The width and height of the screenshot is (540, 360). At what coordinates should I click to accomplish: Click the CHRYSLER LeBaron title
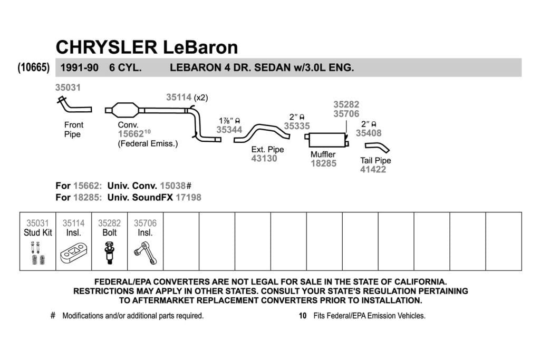pyautogui.click(x=147, y=47)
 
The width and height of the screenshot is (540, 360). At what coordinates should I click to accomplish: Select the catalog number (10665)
pyautogui.click(x=34, y=67)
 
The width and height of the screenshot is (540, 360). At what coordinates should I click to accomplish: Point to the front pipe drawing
pyautogui.click(x=73, y=105)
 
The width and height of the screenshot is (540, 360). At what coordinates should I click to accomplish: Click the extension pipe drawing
pyautogui.click(x=262, y=133)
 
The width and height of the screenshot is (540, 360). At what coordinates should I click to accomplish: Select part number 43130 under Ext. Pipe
pyautogui.click(x=264, y=158)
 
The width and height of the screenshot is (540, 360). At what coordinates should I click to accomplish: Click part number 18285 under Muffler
pyautogui.click(x=323, y=163)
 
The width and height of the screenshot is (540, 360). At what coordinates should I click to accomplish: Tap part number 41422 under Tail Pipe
pyautogui.click(x=373, y=169)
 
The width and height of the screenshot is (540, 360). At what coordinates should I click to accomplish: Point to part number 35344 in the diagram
pyautogui.click(x=229, y=130)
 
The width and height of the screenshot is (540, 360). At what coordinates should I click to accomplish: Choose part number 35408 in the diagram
pyautogui.click(x=369, y=133)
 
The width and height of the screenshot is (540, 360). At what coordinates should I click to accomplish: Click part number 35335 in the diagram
pyautogui.click(x=297, y=126)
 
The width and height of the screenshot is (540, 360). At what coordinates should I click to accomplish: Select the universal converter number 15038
pyautogui.click(x=173, y=186)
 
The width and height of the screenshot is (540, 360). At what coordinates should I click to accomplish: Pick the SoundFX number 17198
pyautogui.click(x=188, y=198)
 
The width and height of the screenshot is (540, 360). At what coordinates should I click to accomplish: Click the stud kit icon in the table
pyautogui.click(x=37, y=253)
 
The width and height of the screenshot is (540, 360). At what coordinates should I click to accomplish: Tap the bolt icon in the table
pyautogui.click(x=110, y=253)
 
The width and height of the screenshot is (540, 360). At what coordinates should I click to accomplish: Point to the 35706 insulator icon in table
pyautogui.click(x=146, y=253)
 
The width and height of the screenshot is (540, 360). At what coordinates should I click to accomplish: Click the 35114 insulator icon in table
pyautogui.click(x=74, y=254)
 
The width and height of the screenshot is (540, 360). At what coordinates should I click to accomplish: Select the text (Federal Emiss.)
pyautogui.click(x=148, y=143)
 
